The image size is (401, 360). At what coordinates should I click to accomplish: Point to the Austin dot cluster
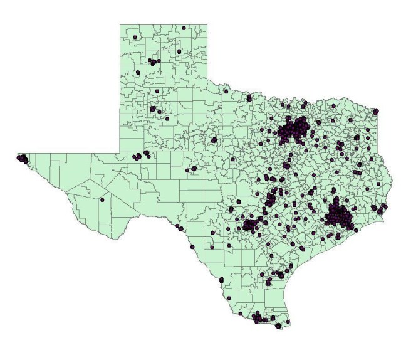click(x=270, y=200)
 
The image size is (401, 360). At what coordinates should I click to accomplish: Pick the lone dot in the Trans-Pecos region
click(x=102, y=199)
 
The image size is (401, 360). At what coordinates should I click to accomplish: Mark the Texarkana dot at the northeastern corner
click(x=376, y=112)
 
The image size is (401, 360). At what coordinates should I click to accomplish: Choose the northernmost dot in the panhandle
click(x=184, y=28)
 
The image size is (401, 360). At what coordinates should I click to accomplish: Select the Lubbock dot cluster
click(x=152, y=109)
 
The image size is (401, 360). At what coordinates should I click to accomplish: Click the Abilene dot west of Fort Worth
click(x=214, y=140)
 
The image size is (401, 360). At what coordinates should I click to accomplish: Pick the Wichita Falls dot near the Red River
click(x=249, y=98)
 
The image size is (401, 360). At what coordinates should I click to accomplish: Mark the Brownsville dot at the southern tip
click(x=288, y=324)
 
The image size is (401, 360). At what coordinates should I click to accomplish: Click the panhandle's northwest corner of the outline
click(x=120, y=25)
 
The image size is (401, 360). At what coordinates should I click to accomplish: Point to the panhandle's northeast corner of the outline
click(x=207, y=25)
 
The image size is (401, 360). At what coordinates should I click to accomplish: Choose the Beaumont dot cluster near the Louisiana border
click(x=374, y=207)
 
